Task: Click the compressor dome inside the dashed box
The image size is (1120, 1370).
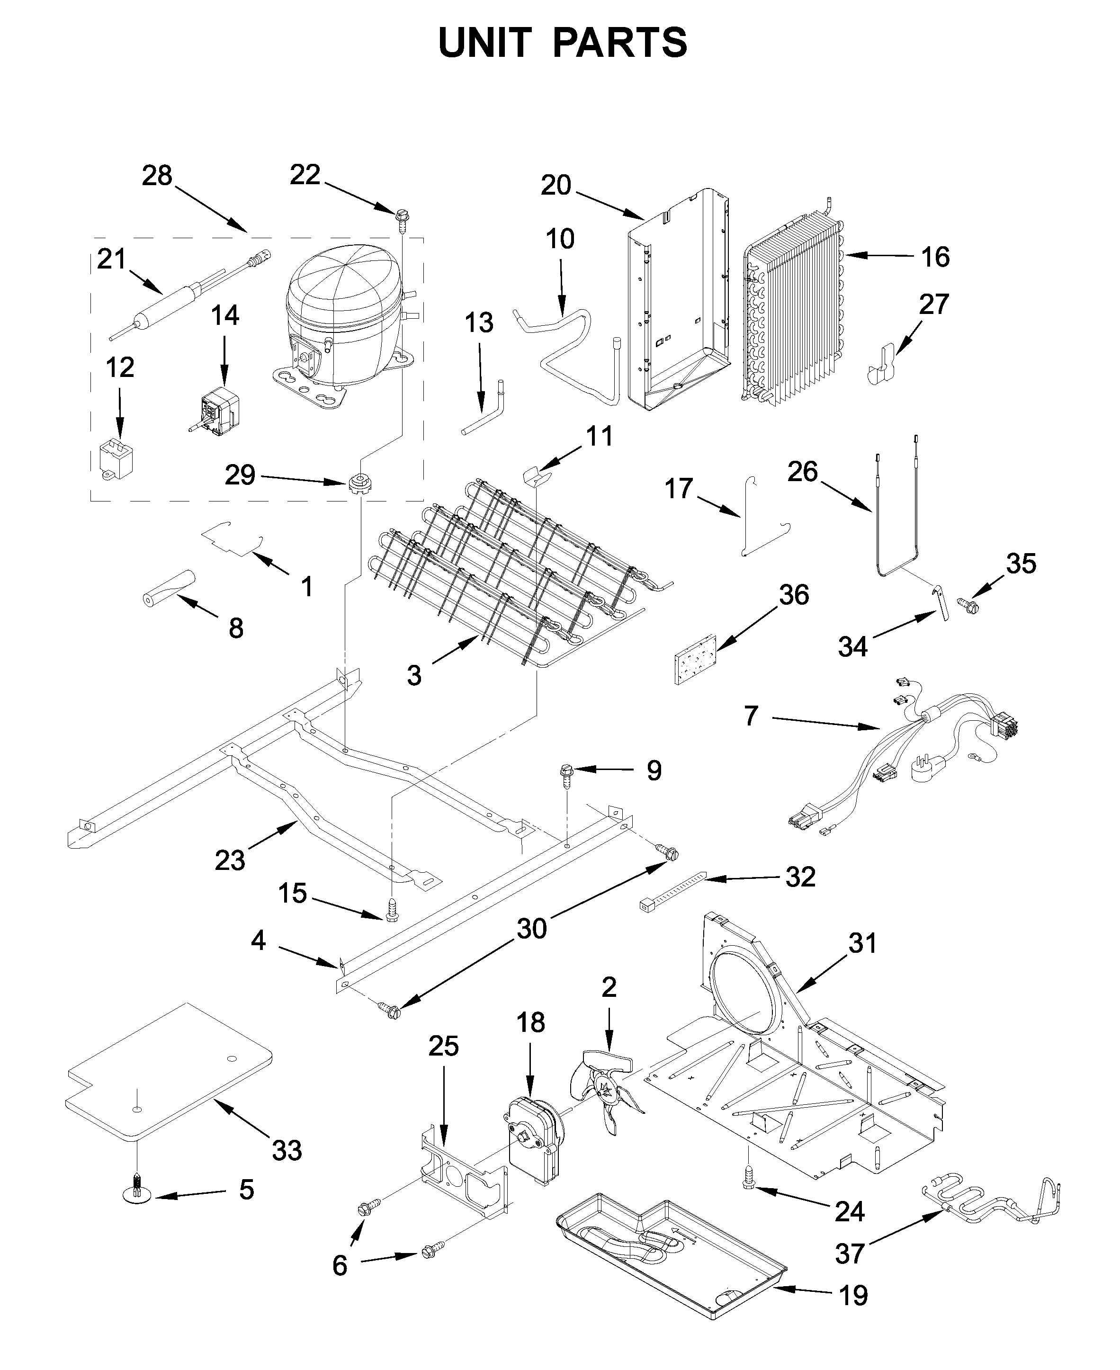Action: click(342, 284)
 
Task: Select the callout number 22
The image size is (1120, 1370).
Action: click(305, 175)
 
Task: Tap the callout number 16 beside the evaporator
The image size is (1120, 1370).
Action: click(935, 257)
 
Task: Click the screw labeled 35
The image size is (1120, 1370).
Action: click(968, 604)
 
